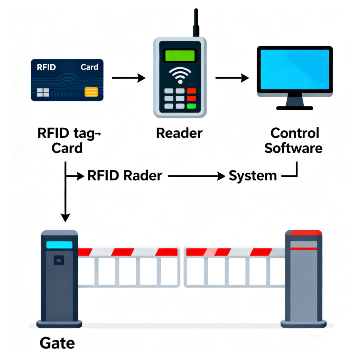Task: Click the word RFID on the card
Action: pos(46,67)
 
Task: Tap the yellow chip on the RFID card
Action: pos(91,92)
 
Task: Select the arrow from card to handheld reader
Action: pos(128,78)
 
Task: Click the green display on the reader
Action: pos(180,56)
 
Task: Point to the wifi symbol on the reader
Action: pos(180,75)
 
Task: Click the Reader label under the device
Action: pos(179,133)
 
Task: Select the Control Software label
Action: pos(294,141)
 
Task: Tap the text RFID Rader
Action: pos(125,175)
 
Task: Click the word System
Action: pos(253,175)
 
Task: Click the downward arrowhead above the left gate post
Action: pos(65,217)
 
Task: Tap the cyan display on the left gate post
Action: pos(59,245)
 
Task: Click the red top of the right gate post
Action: pos(304,233)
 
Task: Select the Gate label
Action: pos(57,343)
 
